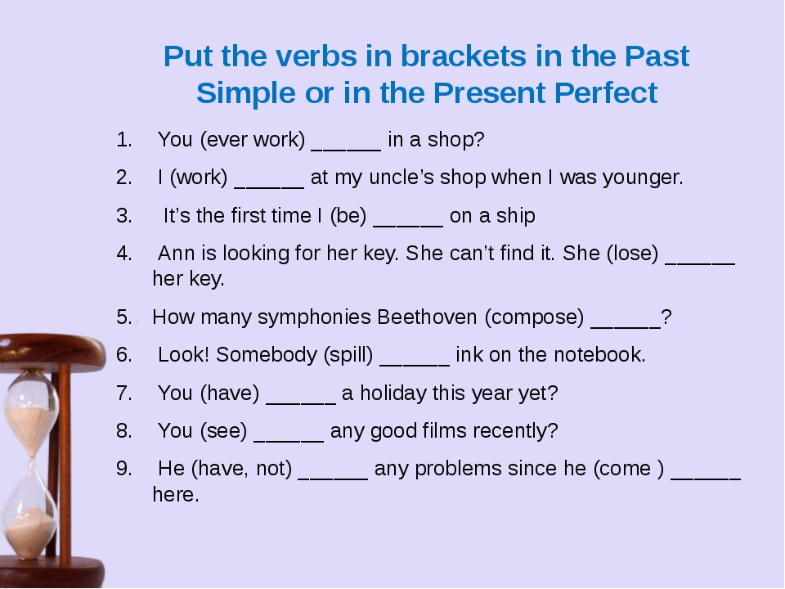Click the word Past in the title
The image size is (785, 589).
pos(657,56)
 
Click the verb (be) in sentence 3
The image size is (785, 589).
pos(348,216)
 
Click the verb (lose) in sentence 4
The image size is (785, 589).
pos(632,254)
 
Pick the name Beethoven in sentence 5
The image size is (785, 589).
pos(427,317)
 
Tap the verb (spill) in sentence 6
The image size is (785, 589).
pos(348,354)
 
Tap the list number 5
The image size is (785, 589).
pos(124,317)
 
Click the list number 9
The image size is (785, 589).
pos(124,469)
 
